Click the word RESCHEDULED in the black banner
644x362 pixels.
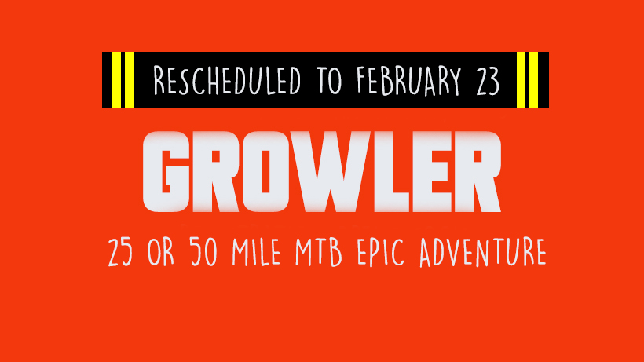(x=227, y=79)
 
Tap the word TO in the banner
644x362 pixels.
(x=328, y=79)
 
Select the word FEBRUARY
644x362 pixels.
(x=408, y=80)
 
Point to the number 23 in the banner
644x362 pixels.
(x=488, y=81)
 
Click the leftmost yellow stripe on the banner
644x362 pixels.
(x=116, y=79)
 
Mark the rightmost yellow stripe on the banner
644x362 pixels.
(x=533, y=79)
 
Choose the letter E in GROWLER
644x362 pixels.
(x=433, y=171)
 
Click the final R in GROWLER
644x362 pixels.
(x=477, y=171)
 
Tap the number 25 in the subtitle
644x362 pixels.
(x=120, y=252)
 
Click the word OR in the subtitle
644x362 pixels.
(x=160, y=251)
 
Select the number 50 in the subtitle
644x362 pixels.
(x=203, y=251)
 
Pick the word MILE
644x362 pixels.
(x=256, y=251)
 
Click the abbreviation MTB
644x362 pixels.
(x=319, y=252)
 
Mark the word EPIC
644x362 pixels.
(x=380, y=252)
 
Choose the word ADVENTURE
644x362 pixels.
(x=482, y=252)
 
